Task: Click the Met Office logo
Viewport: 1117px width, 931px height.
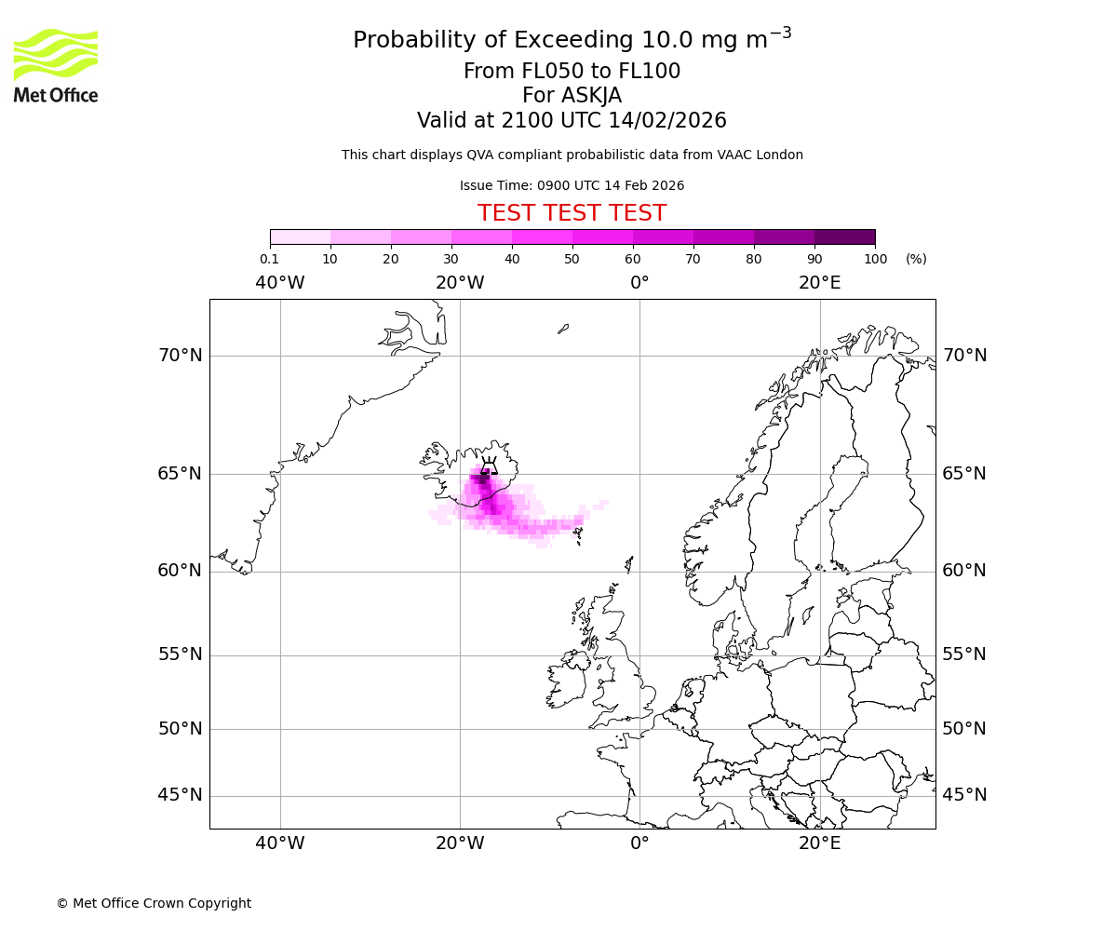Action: (x=56, y=65)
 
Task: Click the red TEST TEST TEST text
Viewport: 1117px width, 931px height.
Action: (x=572, y=213)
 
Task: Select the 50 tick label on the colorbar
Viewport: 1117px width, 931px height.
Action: (x=572, y=259)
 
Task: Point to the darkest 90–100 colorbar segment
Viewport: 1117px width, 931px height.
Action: (x=844, y=236)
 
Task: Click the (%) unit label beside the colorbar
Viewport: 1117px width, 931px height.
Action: (x=916, y=259)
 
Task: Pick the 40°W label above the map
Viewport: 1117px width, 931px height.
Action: (x=280, y=283)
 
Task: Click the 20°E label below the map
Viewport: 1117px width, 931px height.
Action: (x=819, y=843)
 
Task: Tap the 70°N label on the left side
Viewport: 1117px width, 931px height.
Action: (x=180, y=356)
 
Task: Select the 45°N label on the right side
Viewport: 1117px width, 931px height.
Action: (x=964, y=795)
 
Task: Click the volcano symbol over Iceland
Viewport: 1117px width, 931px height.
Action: (x=489, y=465)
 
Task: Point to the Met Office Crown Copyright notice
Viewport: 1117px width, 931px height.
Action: (x=154, y=903)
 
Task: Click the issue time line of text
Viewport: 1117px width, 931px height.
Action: (x=572, y=185)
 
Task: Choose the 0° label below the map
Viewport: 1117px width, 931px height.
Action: (x=639, y=843)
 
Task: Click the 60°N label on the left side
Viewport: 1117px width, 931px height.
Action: (x=180, y=571)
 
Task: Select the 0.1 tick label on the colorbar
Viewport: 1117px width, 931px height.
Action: (x=269, y=259)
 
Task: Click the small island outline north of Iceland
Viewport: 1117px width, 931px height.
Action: (x=563, y=329)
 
